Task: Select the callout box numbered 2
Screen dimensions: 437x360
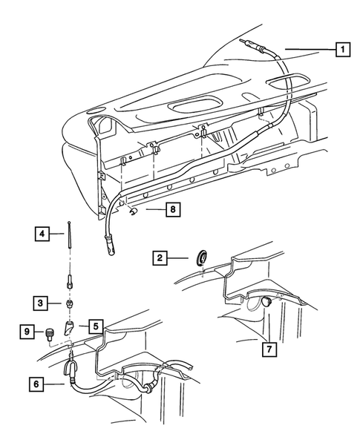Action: click(x=159, y=258)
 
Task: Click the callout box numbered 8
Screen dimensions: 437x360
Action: click(x=172, y=211)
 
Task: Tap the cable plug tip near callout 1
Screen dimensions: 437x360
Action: click(x=248, y=44)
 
